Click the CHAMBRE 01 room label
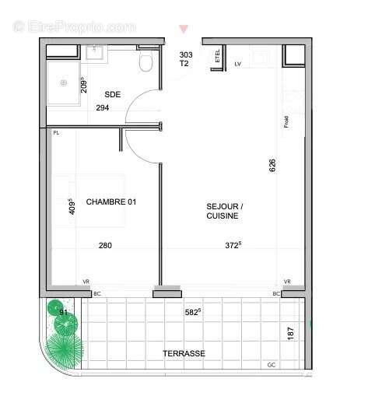click(x=110, y=202)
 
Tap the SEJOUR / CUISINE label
click(x=225, y=211)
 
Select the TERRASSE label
click(x=184, y=353)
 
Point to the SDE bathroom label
click(x=113, y=95)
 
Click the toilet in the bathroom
click(x=145, y=61)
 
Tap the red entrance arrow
click(x=184, y=30)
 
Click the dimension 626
click(x=272, y=166)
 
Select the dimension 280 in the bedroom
click(x=105, y=246)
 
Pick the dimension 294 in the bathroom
click(x=103, y=108)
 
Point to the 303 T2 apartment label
click(x=185, y=59)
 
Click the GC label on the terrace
click(x=272, y=365)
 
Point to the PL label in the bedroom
click(x=56, y=133)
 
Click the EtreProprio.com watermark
click(x=75, y=26)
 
